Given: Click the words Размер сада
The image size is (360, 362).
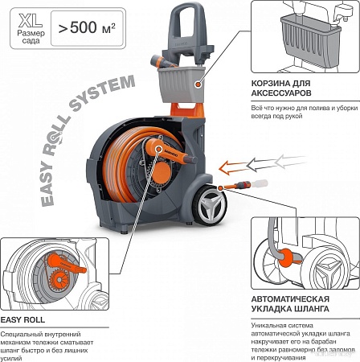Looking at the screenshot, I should point(22,37).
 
